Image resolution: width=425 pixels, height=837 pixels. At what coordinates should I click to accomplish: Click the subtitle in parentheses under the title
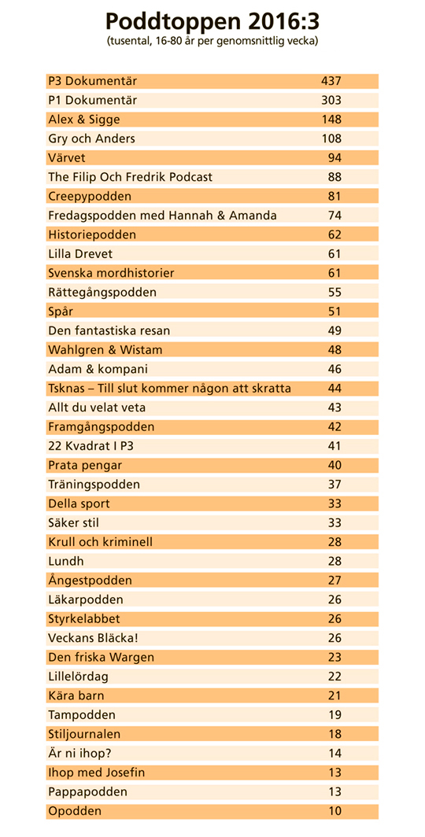click(x=213, y=42)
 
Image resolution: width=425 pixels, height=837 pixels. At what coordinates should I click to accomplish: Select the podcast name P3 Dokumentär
click(x=92, y=81)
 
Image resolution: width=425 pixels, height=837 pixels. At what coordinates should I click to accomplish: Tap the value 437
click(x=331, y=81)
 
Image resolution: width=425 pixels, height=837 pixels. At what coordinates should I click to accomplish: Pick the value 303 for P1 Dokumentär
click(x=331, y=101)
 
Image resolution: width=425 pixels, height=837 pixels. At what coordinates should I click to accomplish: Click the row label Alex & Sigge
click(x=84, y=120)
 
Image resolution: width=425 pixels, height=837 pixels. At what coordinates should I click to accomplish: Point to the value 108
click(x=331, y=138)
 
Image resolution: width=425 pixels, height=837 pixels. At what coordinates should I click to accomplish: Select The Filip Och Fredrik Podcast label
click(x=131, y=177)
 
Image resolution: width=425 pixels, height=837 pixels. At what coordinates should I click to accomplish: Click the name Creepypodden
click(x=90, y=197)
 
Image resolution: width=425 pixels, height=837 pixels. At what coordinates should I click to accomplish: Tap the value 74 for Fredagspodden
click(x=334, y=216)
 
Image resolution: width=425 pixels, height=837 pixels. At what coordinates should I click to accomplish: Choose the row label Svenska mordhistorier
click(x=111, y=273)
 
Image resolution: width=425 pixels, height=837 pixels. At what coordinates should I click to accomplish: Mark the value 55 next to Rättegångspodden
click(x=334, y=293)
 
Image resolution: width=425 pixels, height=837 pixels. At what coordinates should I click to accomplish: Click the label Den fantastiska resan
click(x=109, y=331)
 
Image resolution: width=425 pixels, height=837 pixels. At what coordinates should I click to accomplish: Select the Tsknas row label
click(x=170, y=389)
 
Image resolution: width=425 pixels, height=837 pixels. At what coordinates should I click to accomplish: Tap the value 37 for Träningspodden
click(x=334, y=485)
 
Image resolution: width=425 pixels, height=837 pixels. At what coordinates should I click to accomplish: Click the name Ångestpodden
click(x=90, y=581)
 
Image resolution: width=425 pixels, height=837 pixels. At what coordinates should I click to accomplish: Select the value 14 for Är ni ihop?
click(x=334, y=753)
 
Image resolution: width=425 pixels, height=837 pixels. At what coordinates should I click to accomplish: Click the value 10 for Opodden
click(x=334, y=811)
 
